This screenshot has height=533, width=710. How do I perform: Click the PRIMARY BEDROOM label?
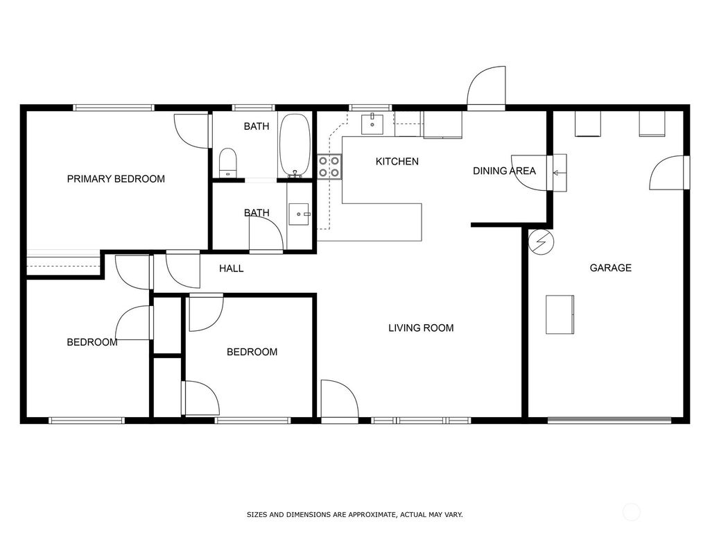pos(116,179)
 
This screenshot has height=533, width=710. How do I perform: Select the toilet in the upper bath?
pos(227,163)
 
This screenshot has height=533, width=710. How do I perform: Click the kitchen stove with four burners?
pos(329,167)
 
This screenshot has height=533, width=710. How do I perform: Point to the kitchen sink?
pos(373,124)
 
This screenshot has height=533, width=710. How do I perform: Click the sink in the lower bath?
pos(301,215)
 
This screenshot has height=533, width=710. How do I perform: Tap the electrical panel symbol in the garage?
pos(540,242)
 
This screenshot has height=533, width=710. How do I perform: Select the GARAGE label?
pos(610,268)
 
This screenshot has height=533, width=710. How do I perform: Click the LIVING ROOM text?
pos(421,328)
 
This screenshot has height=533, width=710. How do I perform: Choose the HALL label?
pos(231,269)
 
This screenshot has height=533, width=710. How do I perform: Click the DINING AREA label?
pos(504,171)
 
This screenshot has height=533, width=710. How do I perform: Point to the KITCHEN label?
pos(397,162)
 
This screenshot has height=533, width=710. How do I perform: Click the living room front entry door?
pos(340,401)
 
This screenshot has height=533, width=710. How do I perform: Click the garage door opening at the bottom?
pos(609,419)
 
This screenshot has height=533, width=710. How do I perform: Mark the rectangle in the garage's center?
pos(560,314)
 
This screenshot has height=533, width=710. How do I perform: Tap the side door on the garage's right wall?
pos(669,173)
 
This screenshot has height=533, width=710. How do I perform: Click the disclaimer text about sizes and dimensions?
pos(354,515)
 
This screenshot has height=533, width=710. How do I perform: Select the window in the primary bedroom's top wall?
pos(114,108)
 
